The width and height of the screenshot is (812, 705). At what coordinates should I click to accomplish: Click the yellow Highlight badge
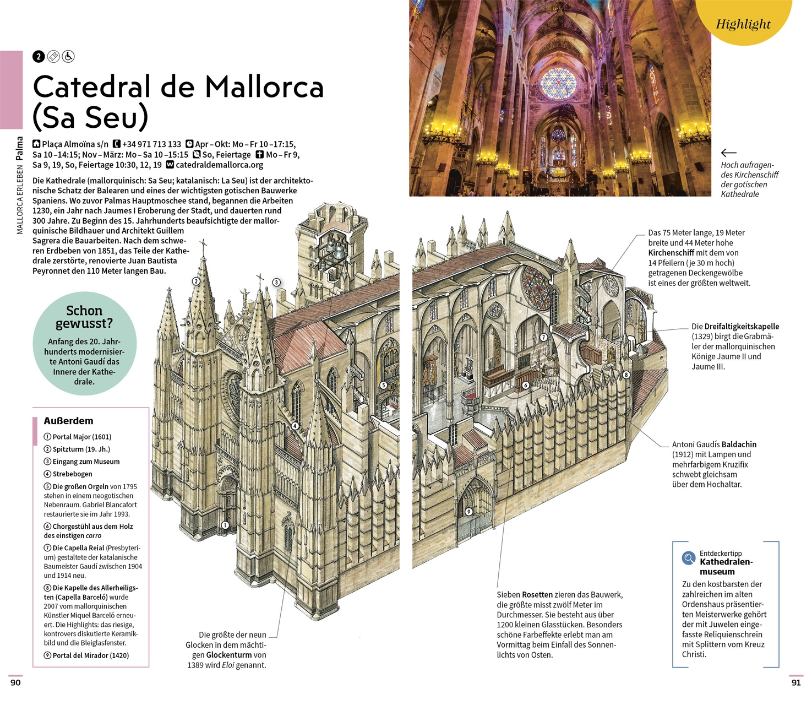tap(743, 23)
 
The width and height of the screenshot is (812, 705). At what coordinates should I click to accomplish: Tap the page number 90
tap(15, 682)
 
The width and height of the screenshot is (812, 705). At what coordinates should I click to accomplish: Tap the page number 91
tap(796, 682)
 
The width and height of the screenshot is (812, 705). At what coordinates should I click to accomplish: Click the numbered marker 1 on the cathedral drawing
tap(225, 525)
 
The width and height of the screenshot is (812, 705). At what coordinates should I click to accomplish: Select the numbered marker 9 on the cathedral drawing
tap(469, 512)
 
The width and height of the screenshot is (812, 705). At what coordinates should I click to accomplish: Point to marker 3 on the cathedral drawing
tap(276, 283)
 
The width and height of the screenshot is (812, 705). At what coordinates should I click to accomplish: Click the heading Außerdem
tap(68, 421)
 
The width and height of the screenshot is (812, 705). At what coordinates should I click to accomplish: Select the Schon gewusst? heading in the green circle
tap(84, 317)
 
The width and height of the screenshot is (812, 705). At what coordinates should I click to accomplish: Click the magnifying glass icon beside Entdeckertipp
tap(689, 558)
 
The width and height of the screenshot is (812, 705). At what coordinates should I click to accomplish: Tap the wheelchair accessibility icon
tap(68, 56)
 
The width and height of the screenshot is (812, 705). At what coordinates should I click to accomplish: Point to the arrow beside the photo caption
tap(728, 153)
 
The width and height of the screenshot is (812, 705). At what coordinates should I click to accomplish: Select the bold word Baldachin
tap(739, 444)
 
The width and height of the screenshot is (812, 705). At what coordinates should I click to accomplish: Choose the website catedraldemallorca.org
tap(219, 165)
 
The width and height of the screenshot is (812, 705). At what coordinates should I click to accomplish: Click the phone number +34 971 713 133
tap(151, 144)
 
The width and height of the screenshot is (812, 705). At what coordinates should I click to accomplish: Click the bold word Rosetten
tap(537, 595)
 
